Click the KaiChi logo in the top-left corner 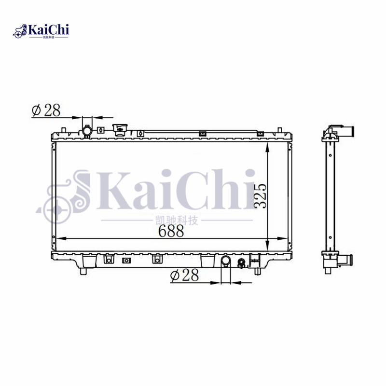(43, 31)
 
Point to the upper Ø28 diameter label (46, 110)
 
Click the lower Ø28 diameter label (184, 276)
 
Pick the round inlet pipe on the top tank (86, 130)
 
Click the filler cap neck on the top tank (119, 129)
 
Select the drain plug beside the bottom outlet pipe (241, 262)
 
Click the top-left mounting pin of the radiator (64, 129)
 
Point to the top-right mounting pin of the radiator (279, 129)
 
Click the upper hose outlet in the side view (346, 131)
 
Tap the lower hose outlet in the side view (346, 262)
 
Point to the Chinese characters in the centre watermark (178, 220)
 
